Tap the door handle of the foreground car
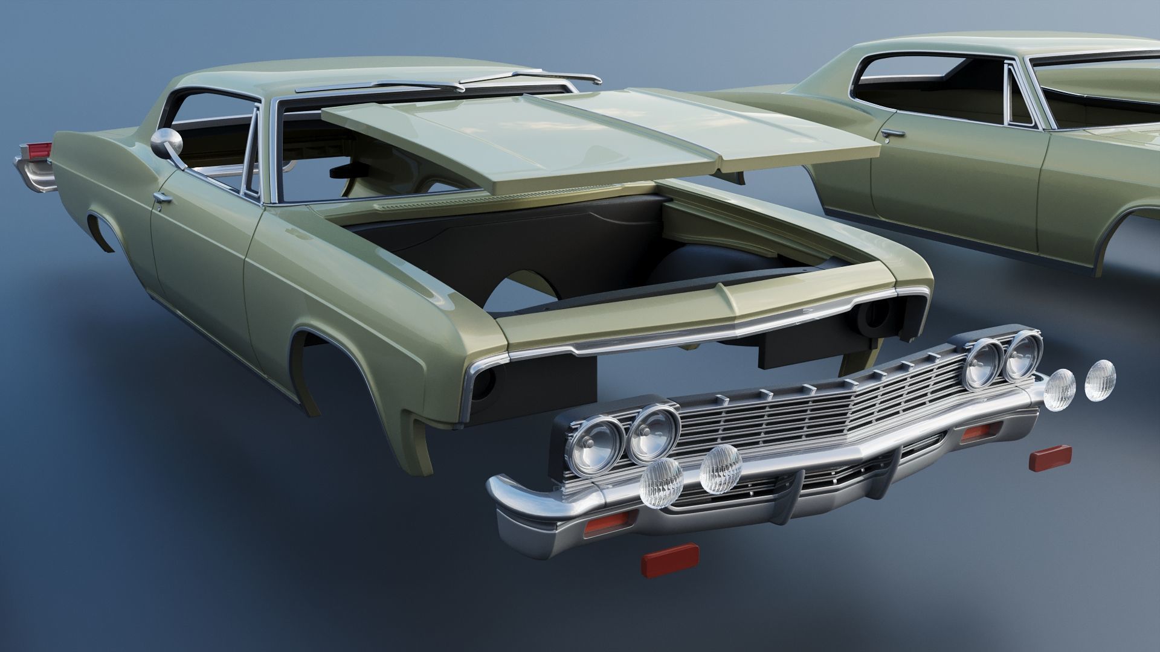click(x=161, y=197)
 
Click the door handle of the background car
click(x=892, y=132)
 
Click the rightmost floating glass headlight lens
click(x=1100, y=380)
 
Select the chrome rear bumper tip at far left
click(x=30, y=175)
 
